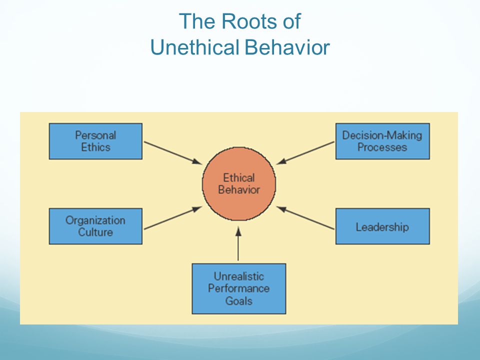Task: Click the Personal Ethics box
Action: [x=95, y=141]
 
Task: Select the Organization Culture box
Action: [x=95, y=226]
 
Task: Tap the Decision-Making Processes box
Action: [x=382, y=141]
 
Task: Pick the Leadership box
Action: [x=382, y=226]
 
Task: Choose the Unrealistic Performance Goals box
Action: [x=239, y=288]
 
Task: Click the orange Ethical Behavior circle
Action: [x=239, y=183]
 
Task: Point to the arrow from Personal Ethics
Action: [x=173, y=153]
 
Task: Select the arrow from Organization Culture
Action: [x=173, y=217]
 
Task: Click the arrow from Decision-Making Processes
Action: [x=305, y=153]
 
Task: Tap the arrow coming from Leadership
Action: [x=305, y=217]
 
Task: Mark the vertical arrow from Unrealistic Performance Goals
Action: [x=238, y=243]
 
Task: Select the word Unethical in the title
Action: [x=194, y=47]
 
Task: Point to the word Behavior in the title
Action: [x=287, y=47]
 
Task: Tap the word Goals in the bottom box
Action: [x=239, y=301]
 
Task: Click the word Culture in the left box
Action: [x=95, y=232]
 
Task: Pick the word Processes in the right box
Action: [x=382, y=147]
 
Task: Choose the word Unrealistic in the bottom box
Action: [x=239, y=276]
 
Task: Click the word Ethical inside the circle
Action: [x=239, y=177]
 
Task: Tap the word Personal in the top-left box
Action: [x=95, y=135]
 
